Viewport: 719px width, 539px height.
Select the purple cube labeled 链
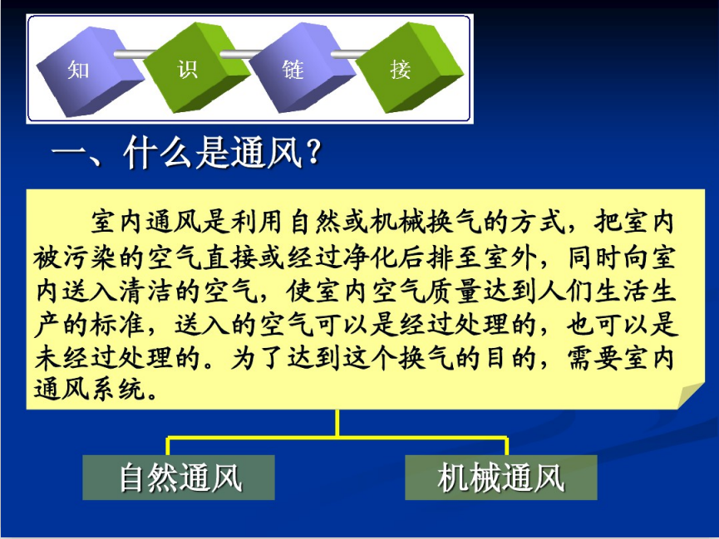pos(300,68)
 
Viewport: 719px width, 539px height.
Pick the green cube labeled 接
pos(408,68)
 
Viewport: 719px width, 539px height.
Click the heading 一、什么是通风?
pos(185,152)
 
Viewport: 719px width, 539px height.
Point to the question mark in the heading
pos(313,152)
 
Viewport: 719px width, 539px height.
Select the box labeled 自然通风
pos(179,477)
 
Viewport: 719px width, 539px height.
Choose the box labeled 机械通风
pos(500,477)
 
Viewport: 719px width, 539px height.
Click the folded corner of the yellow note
pos(689,395)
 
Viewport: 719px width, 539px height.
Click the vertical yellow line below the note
pos(337,423)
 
